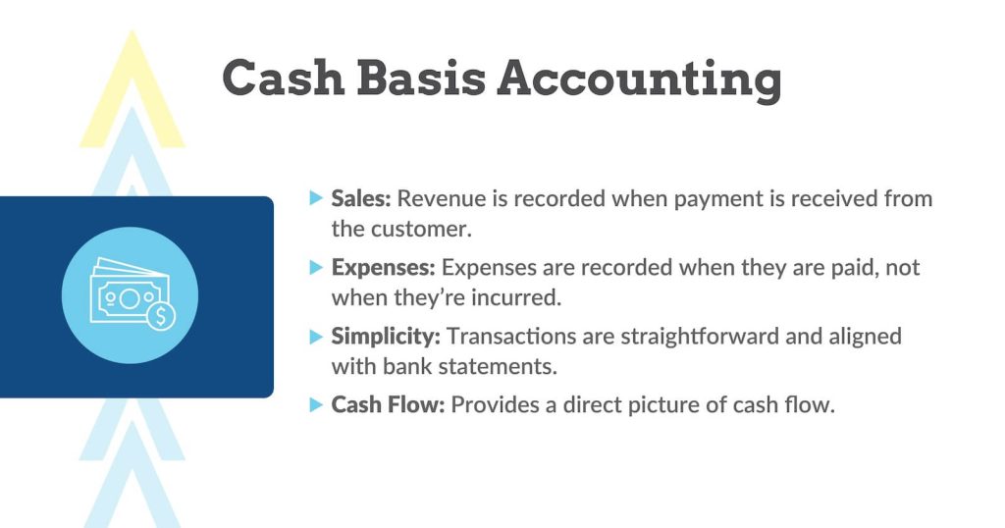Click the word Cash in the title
click(x=283, y=78)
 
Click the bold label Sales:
click(x=361, y=198)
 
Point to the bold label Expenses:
click(x=384, y=267)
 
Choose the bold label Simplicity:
click(x=386, y=336)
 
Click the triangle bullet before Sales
click(x=315, y=198)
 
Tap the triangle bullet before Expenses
click(x=315, y=267)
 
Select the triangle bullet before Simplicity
click(x=315, y=336)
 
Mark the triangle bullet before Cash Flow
click(x=315, y=404)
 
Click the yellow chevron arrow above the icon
click(x=132, y=93)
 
